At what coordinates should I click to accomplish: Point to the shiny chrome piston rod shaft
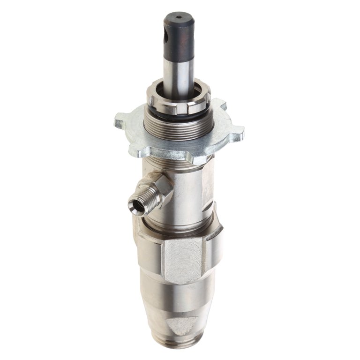pyautogui.click(x=179, y=70)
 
